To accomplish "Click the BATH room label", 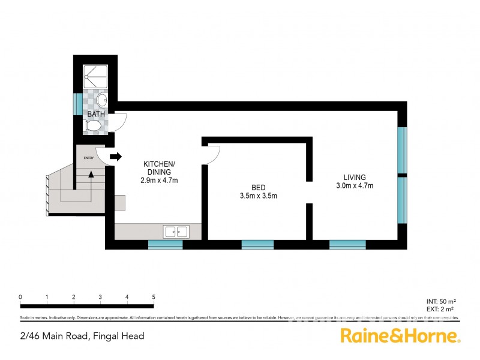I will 95,114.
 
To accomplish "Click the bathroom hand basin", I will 102,99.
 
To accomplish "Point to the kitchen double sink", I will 176,231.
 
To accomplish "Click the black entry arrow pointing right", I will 116,157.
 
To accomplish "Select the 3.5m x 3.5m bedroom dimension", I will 258,196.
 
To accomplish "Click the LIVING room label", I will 355,177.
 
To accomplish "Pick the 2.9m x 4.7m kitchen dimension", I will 159,180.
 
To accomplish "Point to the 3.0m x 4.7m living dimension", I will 355,186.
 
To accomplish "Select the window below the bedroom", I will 257,244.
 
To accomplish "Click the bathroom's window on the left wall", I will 77,103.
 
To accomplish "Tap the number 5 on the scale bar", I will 154,297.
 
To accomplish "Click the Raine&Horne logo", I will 400,336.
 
